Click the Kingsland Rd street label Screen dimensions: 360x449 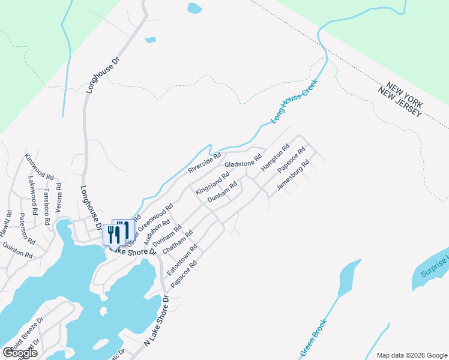pos(212,184)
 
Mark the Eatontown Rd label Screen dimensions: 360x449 pos(182,260)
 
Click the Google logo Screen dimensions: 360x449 pos(20,352)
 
